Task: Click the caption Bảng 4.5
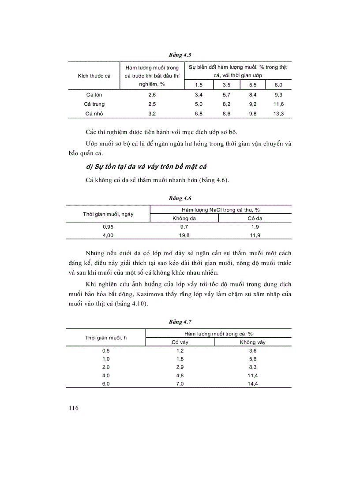click(180, 55)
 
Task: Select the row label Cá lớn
click(94, 94)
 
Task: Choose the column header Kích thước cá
click(94, 76)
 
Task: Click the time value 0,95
click(108, 227)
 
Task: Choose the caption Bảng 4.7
click(180, 322)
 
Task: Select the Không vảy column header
click(253, 342)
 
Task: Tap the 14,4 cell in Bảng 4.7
click(253, 384)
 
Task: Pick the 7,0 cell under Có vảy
click(180, 384)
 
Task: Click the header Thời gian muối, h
click(106, 338)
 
